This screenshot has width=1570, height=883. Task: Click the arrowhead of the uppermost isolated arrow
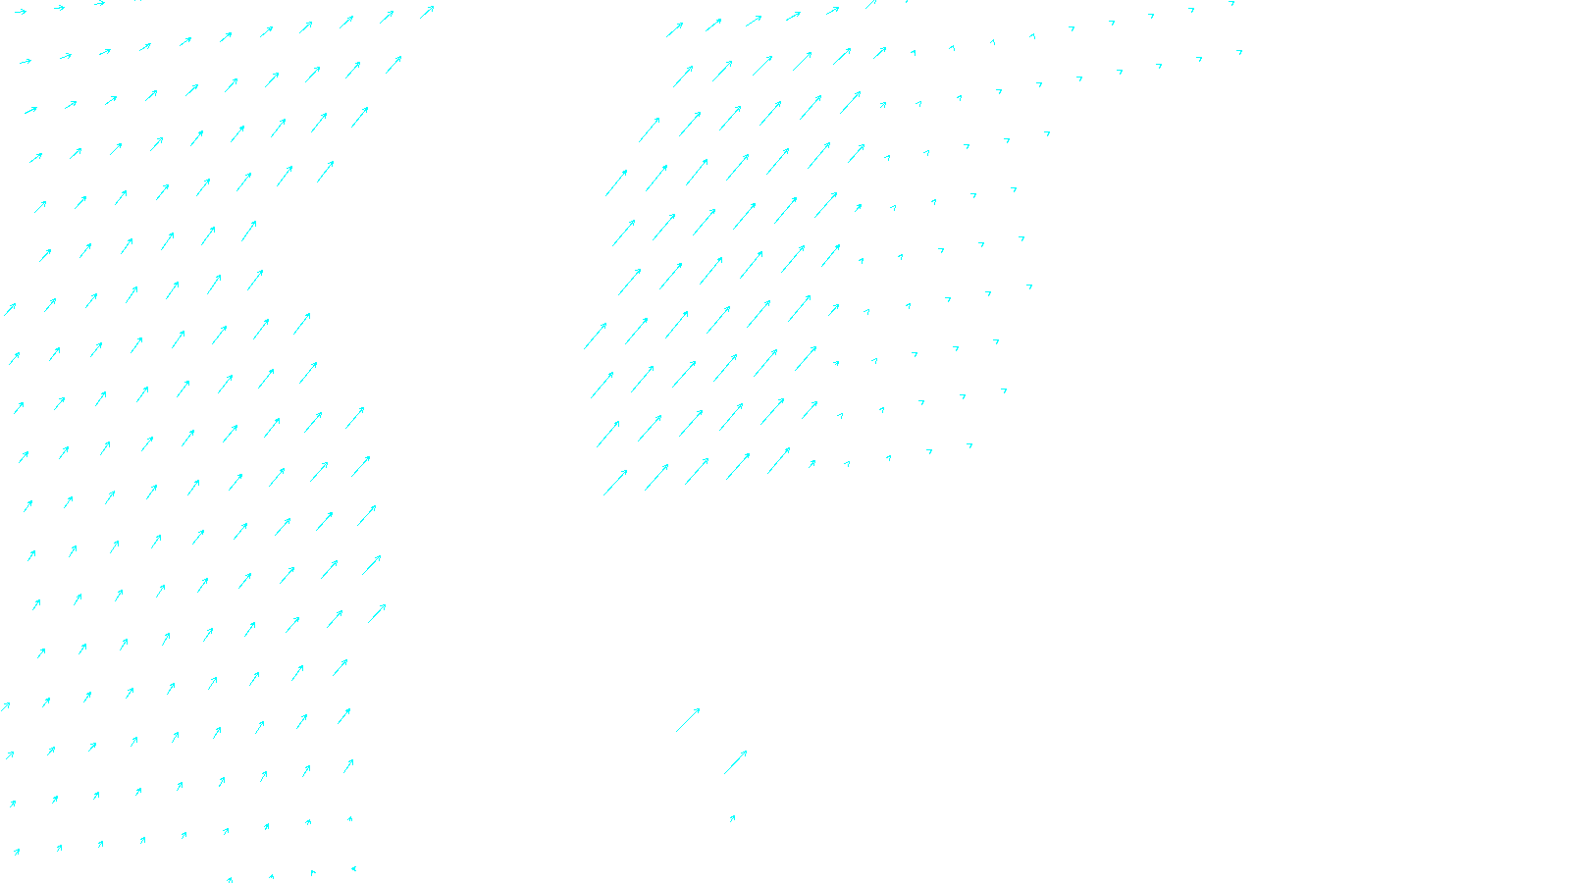[x=700, y=708]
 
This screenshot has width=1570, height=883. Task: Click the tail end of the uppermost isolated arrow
[x=676, y=732]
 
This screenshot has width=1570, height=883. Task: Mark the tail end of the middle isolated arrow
[x=724, y=774]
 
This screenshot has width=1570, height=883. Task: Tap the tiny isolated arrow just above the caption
[x=732, y=817]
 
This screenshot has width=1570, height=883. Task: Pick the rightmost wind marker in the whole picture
[x=1239, y=51]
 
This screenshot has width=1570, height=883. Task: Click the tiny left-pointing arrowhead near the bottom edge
[x=353, y=868]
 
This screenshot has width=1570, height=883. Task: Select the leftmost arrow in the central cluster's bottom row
[x=615, y=482]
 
